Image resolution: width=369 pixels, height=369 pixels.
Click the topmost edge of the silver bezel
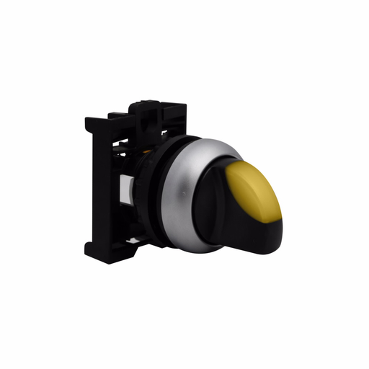point(209,139)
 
